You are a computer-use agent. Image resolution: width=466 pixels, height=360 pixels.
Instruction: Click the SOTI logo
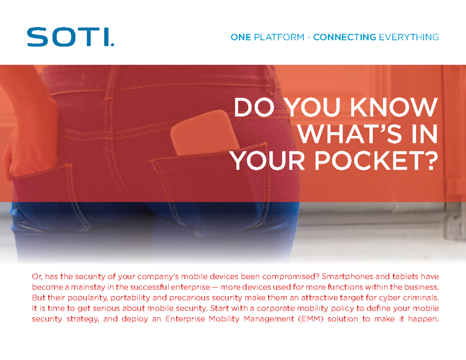pos(70,37)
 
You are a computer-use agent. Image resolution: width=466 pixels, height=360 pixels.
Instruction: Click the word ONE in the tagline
pos(240,38)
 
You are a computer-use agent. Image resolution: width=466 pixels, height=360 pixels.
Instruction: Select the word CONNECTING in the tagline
pos(344,38)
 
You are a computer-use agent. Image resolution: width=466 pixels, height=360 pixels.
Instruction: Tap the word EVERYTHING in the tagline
pos(409,38)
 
